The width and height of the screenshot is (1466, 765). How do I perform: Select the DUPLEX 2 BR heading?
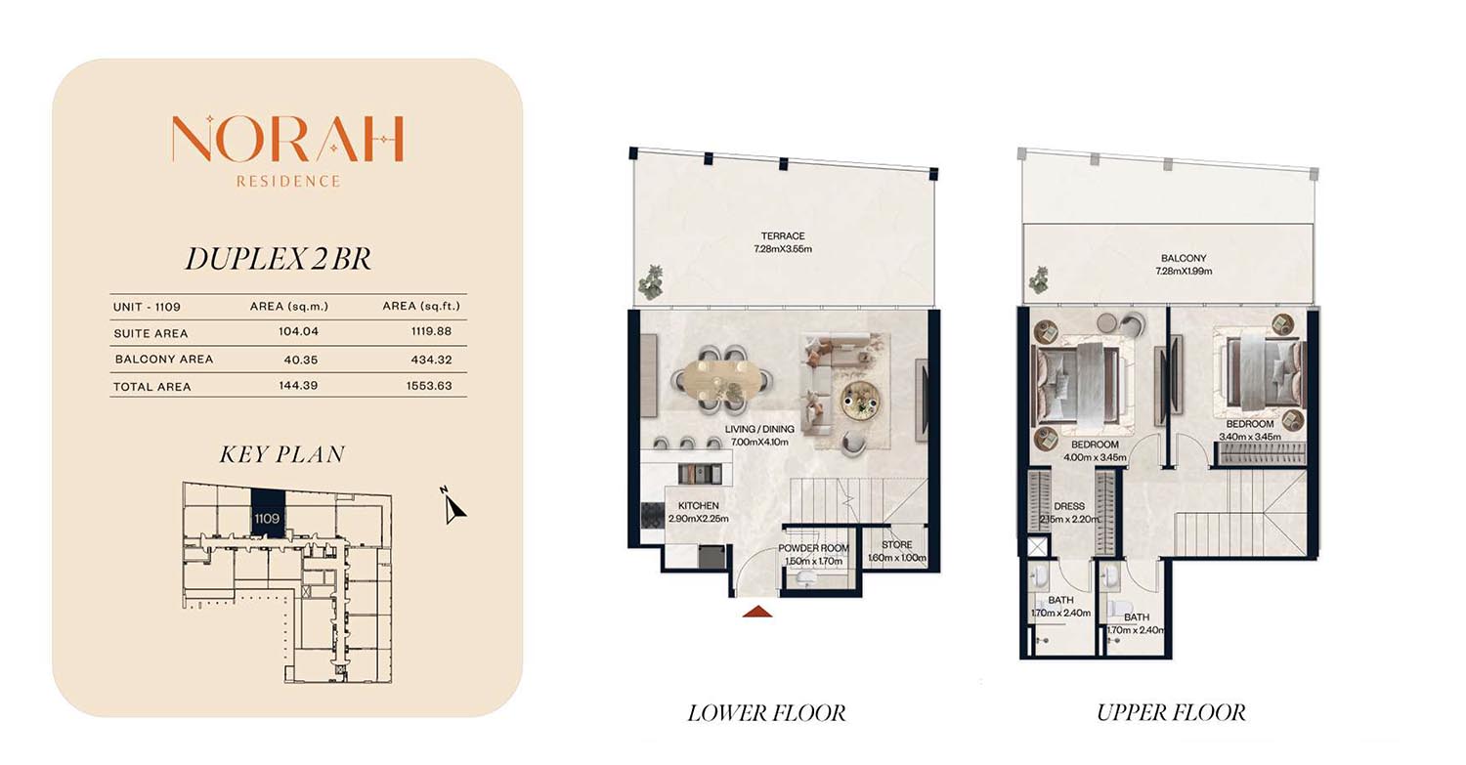[279, 259]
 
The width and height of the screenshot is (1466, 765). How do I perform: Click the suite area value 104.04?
[298, 332]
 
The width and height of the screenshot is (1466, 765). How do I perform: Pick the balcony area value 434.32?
[431, 360]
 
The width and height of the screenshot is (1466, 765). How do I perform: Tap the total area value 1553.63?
[429, 386]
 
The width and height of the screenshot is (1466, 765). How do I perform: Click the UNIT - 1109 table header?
[147, 307]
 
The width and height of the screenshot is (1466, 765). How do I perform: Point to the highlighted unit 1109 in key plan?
[268, 514]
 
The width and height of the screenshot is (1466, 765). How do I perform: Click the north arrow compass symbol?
[453, 506]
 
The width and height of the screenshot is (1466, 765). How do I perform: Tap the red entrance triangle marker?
[757, 612]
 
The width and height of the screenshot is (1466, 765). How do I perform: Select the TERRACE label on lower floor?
[783, 236]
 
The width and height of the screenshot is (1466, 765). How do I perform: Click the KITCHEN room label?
[699, 506]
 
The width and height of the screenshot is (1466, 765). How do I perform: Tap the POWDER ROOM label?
[813, 548]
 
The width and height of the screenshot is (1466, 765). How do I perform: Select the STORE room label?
[896, 544]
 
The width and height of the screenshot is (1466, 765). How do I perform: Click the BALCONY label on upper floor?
[1184, 259]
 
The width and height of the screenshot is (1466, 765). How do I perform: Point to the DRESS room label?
[1069, 506]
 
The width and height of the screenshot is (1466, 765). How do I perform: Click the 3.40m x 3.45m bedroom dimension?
[1250, 437]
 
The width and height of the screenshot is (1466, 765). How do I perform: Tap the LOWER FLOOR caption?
[766, 712]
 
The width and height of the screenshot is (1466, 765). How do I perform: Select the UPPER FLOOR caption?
[1171, 712]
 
